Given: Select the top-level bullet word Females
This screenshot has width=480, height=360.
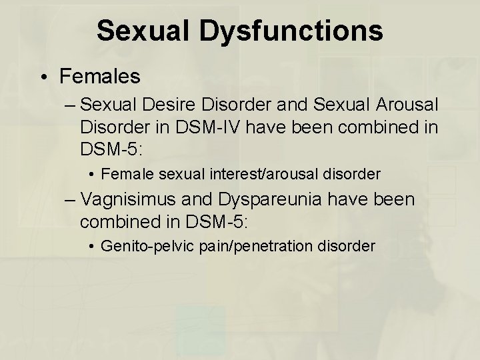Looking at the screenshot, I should [100, 76].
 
